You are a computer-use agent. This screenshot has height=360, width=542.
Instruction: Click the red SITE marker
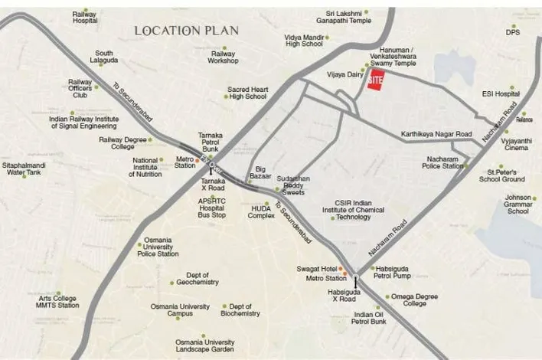(375, 80)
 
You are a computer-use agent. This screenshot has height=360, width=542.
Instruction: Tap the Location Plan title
(187, 31)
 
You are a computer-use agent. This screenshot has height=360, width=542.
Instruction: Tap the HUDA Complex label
(261, 211)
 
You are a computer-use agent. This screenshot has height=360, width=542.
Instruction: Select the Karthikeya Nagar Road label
(437, 135)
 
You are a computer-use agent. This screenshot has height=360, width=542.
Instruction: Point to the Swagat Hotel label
(313, 270)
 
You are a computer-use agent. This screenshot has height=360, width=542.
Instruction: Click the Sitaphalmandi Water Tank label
(27, 169)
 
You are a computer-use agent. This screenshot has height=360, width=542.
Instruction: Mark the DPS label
(513, 32)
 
